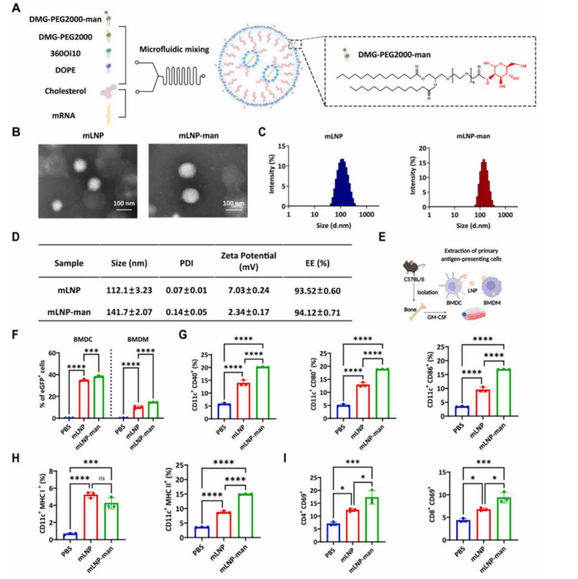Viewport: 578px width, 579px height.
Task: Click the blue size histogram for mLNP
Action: click(342, 184)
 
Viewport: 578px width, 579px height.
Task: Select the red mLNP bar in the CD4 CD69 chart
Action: click(354, 524)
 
